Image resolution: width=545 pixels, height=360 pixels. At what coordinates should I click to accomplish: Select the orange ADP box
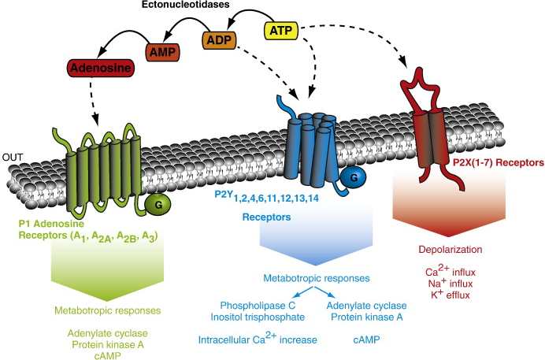click(x=221, y=39)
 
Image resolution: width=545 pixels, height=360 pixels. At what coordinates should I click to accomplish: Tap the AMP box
click(x=163, y=53)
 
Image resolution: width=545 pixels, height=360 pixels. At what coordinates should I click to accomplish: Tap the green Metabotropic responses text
click(x=98, y=310)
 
